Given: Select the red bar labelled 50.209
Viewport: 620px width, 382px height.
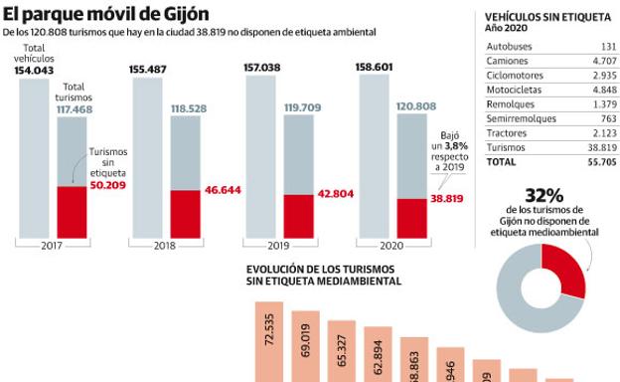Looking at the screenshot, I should point(72,211).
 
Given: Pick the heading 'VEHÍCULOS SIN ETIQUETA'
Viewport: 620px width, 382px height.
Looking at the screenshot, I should point(547,17).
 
